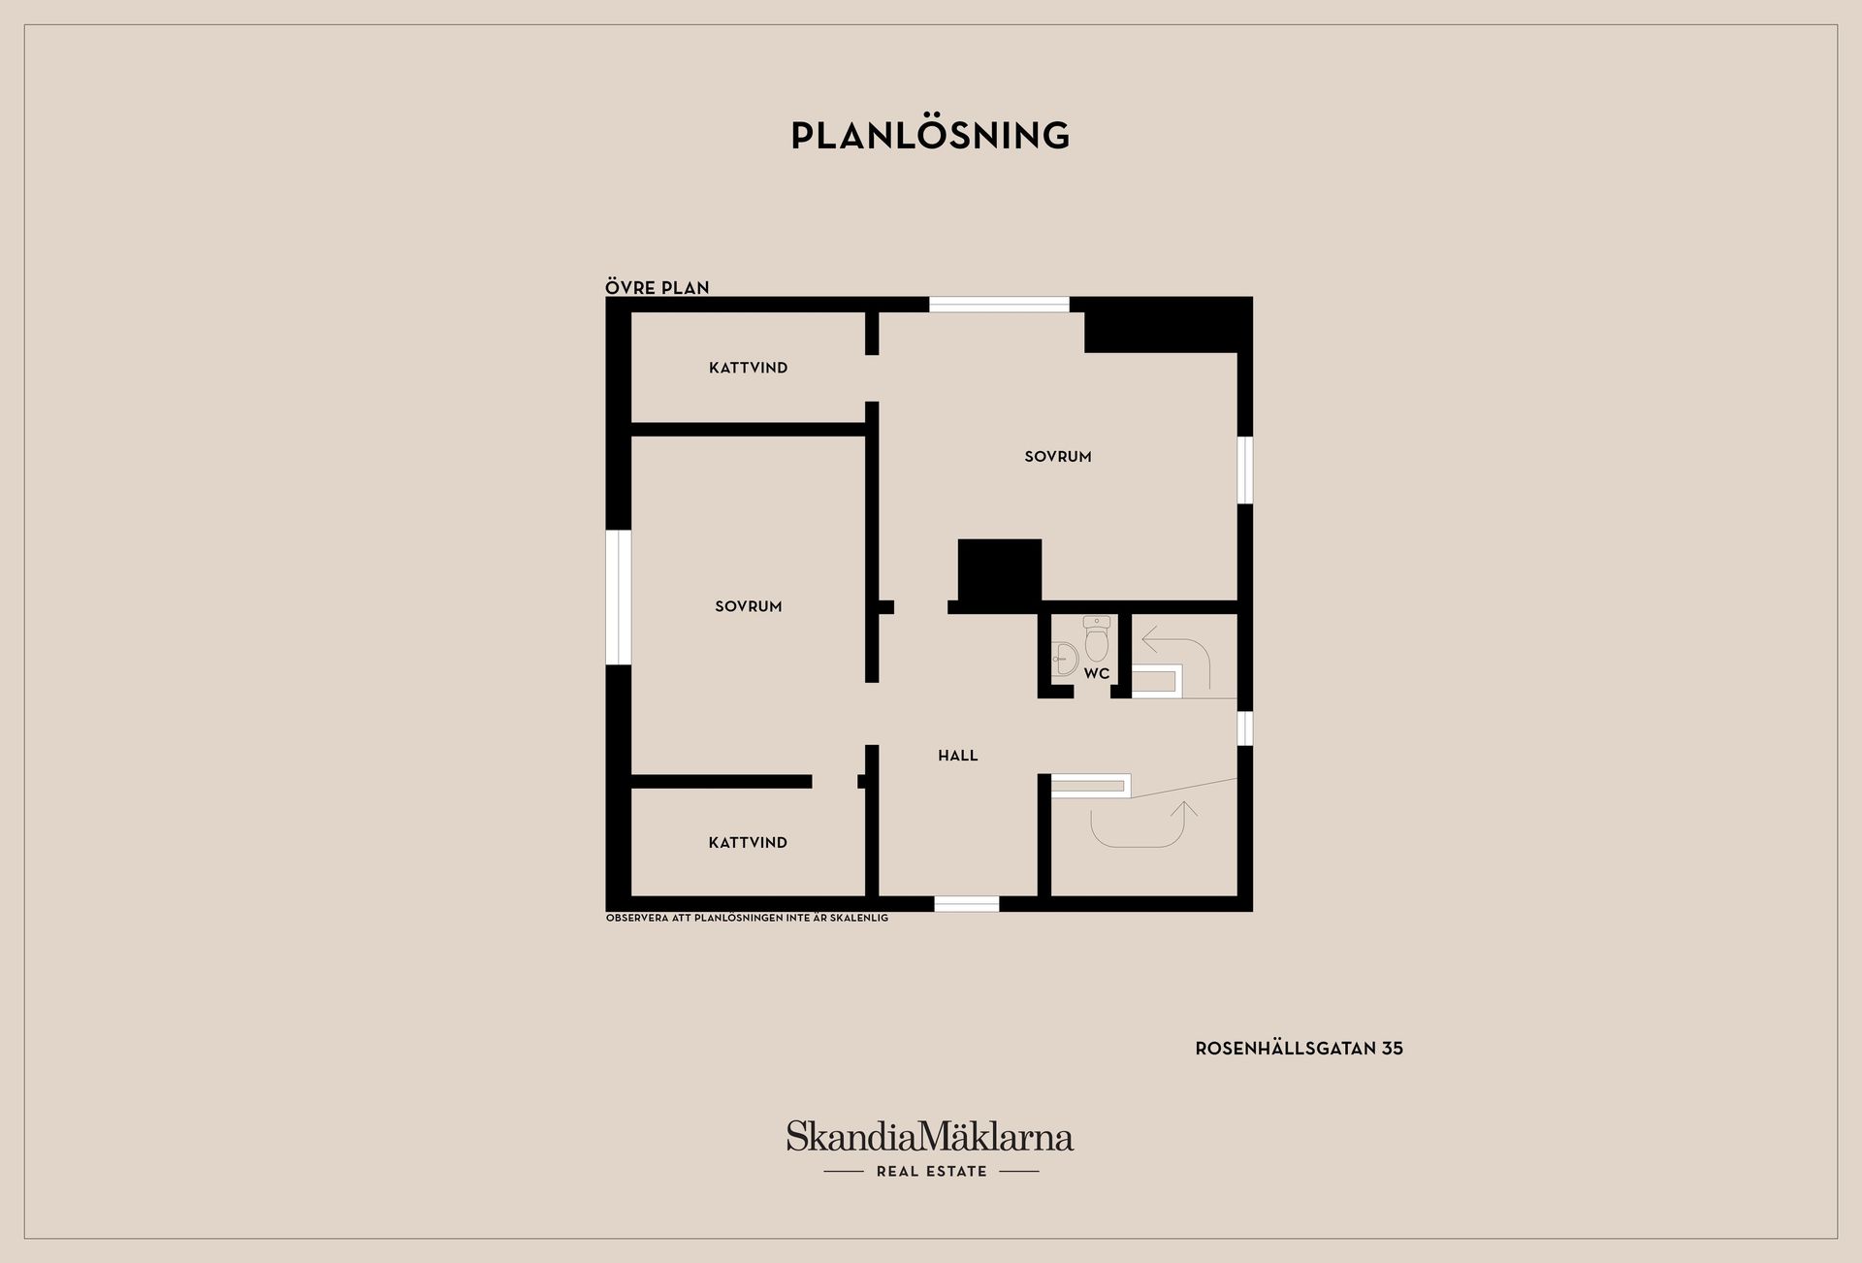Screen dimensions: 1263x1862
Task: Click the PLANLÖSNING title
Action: click(x=930, y=136)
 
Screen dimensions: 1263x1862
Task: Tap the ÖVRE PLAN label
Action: click(x=658, y=287)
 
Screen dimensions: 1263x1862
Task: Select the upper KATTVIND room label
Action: click(x=748, y=368)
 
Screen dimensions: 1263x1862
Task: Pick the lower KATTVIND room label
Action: click(x=748, y=842)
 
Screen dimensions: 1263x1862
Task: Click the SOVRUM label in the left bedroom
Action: click(x=748, y=606)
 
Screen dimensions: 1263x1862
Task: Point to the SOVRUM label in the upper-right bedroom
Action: click(x=1058, y=456)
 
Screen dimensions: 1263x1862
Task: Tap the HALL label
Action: click(x=957, y=755)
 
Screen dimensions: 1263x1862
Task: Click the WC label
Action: click(x=1097, y=673)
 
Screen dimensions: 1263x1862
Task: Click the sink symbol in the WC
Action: click(x=1064, y=658)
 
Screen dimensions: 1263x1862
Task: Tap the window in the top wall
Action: click(x=999, y=304)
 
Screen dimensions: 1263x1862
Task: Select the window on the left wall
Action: click(x=618, y=597)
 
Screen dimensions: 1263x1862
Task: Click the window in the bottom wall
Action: click(x=966, y=904)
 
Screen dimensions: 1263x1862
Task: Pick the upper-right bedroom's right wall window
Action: click(x=1245, y=470)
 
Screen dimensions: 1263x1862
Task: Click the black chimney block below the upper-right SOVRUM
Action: click(x=999, y=572)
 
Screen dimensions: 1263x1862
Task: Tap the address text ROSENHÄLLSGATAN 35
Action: click(x=1299, y=1048)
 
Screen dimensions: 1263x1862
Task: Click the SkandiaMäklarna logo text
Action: click(x=930, y=1136)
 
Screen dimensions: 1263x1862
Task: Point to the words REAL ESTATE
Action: click(x=931, y=1171)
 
